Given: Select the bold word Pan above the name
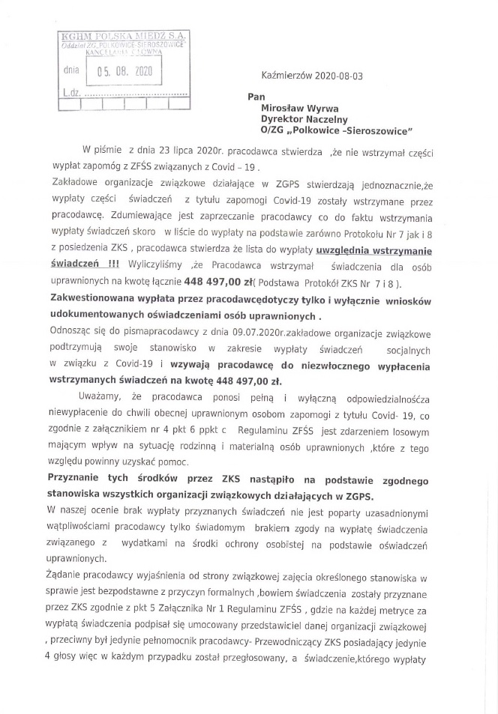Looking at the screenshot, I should click(256, 97).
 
